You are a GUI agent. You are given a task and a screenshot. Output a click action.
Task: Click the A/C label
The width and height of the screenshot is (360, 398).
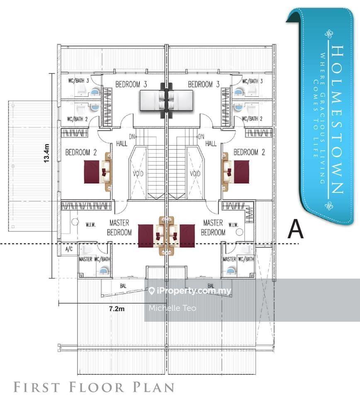coord(69,249)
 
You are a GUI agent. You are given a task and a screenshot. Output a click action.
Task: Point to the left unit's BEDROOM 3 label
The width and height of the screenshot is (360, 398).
coord(131,84)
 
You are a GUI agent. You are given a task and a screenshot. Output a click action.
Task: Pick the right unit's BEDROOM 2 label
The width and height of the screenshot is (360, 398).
coord(249,152)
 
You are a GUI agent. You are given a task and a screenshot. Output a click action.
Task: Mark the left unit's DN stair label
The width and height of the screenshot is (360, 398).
coord(132,136)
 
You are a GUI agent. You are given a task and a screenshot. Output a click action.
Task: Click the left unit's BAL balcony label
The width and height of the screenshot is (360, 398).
coord(123,286)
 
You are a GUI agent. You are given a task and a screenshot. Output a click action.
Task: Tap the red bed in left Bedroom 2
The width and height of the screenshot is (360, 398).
coord(92,172)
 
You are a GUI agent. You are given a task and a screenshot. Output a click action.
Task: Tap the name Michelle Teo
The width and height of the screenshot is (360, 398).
coord(172,308)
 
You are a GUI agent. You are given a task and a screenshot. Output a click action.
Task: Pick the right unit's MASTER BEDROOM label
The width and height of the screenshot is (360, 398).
coord(213,228)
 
